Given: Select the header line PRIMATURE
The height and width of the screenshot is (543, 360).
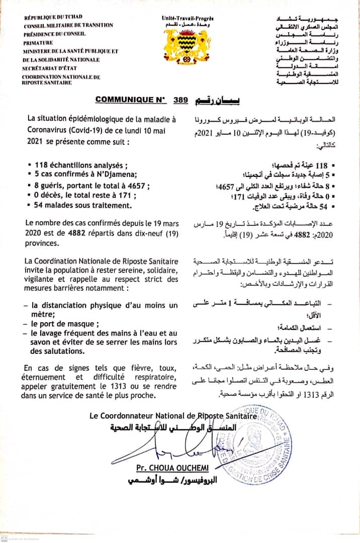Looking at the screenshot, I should coord(38,43).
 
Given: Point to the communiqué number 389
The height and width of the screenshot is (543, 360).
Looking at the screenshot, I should coord(179,100).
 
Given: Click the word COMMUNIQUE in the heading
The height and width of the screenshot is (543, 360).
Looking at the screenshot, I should coord(124,100).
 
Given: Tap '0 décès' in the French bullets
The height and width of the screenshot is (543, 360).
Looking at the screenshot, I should coord(47,196).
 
